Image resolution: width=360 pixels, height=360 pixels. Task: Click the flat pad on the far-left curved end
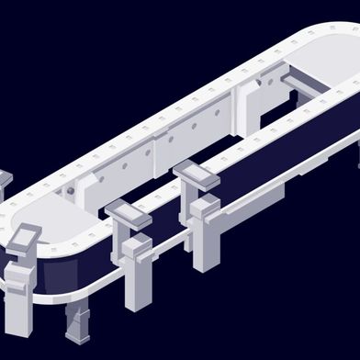coord(25,235)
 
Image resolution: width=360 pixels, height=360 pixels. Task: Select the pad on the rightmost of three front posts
coord(196,172)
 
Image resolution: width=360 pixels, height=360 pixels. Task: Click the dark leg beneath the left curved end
coord(77,324)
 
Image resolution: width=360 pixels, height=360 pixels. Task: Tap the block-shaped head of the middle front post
coord(138,248)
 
